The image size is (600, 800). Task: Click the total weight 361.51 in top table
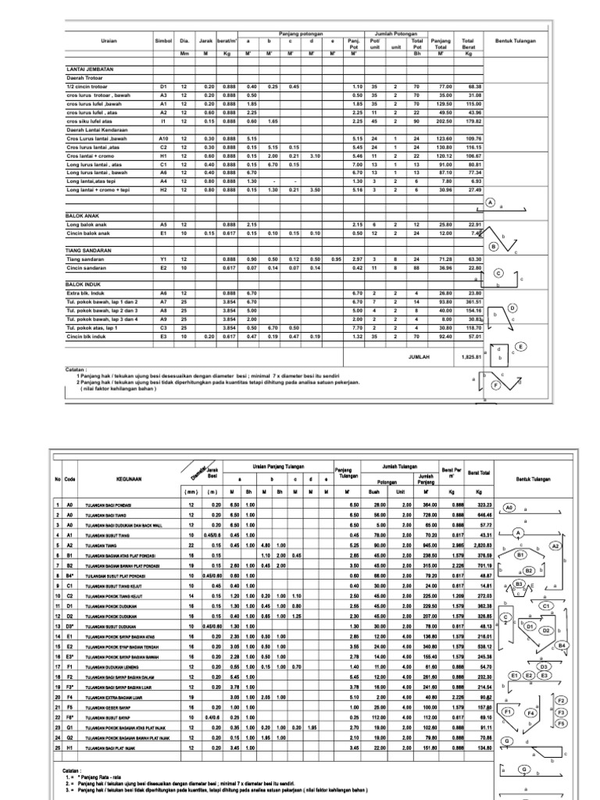472,301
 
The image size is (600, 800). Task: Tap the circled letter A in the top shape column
491,202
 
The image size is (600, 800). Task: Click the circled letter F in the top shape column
494,385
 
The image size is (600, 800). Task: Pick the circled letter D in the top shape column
513,308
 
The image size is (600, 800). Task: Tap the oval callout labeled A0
509,507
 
